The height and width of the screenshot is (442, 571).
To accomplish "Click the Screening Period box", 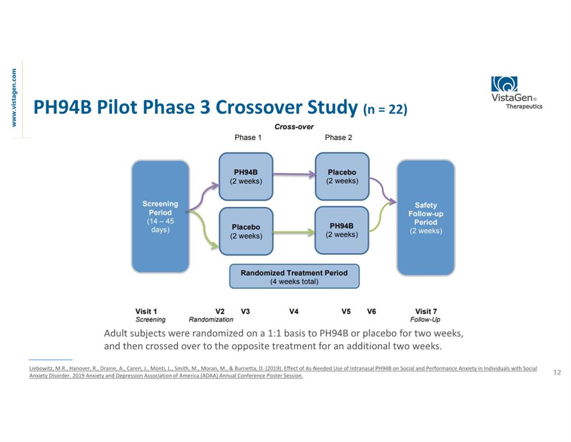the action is pyautogui.click(x=160, y=217).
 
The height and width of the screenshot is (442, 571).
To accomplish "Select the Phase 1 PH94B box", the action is pyautogui.click(x=246, y=176).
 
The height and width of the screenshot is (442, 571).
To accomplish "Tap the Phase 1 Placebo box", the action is pyautogui.click(x=246, y=231).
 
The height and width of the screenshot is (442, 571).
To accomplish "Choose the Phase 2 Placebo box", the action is pyautogui.click(x=342, y=176).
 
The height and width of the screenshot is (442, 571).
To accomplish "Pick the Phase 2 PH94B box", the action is pyautogui.click(x=341, y=230).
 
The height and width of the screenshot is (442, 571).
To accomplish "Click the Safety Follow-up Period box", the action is pyautogui.click(x=426, y=218).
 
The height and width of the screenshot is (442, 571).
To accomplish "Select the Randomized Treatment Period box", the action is pyautogui.click(x=294, y=276).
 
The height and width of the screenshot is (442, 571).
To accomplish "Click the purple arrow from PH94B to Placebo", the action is pyautogui.click(x=294, y=174).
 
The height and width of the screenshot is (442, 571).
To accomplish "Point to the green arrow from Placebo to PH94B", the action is pyautogui.click(x=294, y=232).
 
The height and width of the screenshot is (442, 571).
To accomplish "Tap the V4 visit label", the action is pyautogui.click(x=294, y=311).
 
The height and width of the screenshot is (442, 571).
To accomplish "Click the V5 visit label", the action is pyautogui.click(x=346, y=311).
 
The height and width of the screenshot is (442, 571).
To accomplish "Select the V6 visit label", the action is pyautogui.click(x=371, y=311).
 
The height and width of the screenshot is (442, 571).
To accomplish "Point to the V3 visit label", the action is pyautogui.click(x=245, y=311).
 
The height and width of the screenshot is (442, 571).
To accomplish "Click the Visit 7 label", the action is pyautogui.click(x=426, y=311).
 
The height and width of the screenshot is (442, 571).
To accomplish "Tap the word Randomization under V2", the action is pyautogui.click(x=211, y=319).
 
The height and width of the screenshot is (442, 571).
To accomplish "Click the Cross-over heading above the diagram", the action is pyautogui.click(x=294, y=127).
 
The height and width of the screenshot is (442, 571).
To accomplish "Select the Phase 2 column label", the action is pyautogui.click(x=338, y=138).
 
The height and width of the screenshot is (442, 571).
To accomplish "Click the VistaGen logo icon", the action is pyautogui.click(x=504, y=84).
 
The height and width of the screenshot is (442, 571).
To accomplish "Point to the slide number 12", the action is pyautogui.click(x=557, y=372).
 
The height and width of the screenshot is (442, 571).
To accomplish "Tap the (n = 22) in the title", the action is pyautogui.click(x=385, y=109).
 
